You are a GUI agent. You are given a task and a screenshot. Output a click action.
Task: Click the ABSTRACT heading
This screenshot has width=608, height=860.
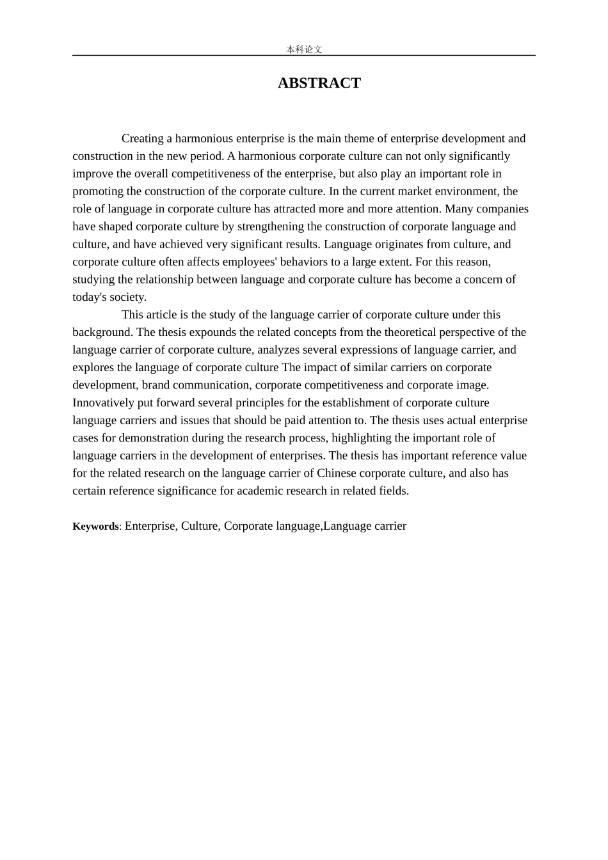319,83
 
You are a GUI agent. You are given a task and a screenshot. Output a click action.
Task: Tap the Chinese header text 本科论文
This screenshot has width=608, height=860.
304,49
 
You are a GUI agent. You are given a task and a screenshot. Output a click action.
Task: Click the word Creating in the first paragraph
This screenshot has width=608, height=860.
143,138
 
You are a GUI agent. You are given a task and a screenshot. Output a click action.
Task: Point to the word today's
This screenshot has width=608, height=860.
89,297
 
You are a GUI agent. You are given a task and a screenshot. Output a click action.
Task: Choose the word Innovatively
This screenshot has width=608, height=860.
103,402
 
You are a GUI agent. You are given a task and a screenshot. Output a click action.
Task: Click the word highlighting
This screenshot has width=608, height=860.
360,438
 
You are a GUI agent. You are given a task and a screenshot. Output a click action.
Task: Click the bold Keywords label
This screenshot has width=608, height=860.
95,527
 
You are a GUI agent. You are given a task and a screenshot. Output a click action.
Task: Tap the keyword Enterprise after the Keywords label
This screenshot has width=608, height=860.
150,526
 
